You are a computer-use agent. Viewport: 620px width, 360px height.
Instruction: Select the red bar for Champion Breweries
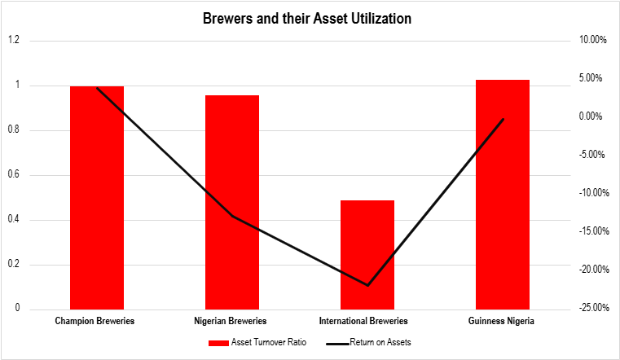(x=97, y=197)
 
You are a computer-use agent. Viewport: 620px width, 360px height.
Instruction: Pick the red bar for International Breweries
(x=367, y=254)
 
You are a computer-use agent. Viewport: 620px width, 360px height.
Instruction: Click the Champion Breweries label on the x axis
(x=95, y=321)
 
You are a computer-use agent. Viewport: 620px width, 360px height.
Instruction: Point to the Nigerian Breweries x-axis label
(x=231, y=321)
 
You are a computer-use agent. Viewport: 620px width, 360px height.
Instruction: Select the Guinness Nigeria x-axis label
(x=502, y=321)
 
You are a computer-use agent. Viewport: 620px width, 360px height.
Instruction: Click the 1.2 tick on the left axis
(x=14, y=40)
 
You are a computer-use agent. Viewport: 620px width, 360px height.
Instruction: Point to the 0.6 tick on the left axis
(x=14, y=175)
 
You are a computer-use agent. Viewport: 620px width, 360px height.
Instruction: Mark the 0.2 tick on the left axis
(x=14, y=265)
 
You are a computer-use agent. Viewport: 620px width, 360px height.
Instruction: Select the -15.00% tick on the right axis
(x=588, y=231)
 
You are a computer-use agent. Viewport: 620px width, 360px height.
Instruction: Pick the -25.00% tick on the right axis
(x=588, y=308)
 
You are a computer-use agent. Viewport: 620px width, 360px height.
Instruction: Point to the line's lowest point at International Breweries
(x=367, y=285)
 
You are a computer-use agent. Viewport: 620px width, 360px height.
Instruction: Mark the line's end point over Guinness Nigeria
(x=503, y=119)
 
